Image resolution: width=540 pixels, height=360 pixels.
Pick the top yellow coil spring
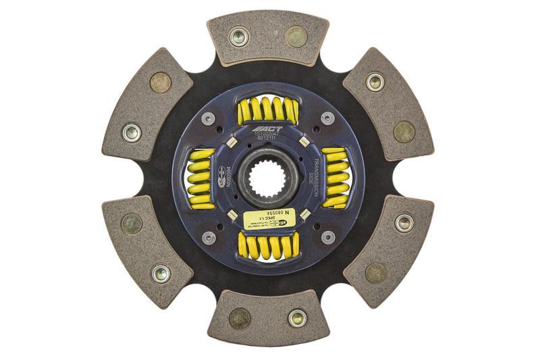267,111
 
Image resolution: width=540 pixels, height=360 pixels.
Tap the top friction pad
268,38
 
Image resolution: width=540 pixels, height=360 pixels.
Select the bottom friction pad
268,317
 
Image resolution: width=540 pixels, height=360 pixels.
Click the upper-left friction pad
146,104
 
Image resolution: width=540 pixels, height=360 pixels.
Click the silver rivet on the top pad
238,37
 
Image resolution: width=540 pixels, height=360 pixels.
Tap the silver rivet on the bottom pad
297,317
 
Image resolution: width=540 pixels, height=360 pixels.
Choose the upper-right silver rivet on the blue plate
327,118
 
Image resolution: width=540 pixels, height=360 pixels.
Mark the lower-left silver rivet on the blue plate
210,238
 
